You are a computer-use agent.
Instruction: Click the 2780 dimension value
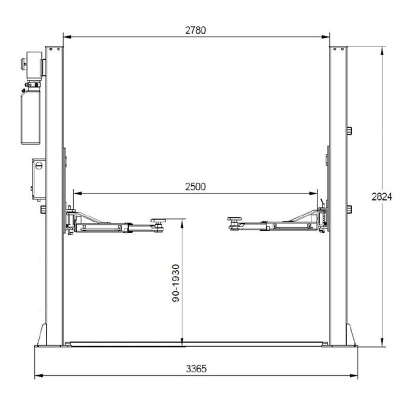pos(195,30)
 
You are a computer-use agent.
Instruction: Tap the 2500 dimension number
pos(195,186)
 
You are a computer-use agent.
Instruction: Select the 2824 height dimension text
pos(382,196)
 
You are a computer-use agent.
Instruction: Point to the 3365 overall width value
pos(196,369)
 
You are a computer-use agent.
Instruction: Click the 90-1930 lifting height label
pos(176,283)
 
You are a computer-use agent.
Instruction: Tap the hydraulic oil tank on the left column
pos(31,116)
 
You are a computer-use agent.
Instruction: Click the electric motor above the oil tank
pos(34,65)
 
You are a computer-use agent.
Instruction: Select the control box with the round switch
pos(39,179)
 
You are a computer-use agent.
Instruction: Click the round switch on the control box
pos(39,166)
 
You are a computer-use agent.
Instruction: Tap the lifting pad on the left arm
pos(159,221)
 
